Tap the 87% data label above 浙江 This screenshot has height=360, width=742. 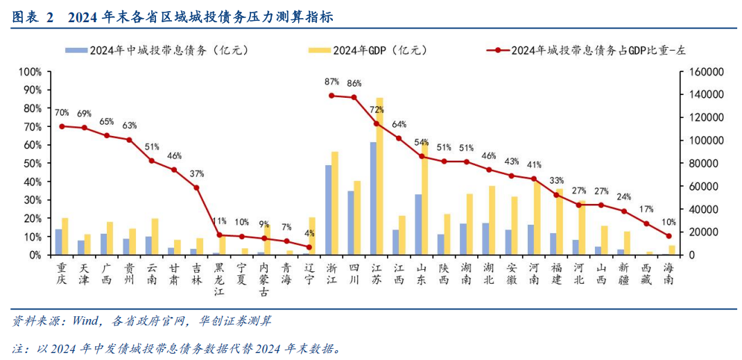[331, 82]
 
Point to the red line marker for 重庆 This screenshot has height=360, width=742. [62, 126]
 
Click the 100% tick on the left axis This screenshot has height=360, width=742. [31, 71]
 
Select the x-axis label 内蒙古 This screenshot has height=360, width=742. [264, 277]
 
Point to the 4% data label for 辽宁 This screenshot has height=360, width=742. [309, 233]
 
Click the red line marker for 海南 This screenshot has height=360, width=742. [668, 236]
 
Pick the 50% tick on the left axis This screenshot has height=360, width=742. [33, 163]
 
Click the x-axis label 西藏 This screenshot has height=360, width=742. [646, 273]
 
